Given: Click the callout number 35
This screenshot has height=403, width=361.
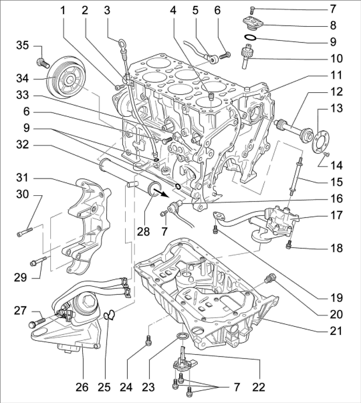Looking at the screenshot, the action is click(x=23, y=45).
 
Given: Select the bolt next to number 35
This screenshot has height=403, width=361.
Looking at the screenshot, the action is click(x=43, y=62).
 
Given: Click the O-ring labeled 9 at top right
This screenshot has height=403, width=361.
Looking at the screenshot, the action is click(x=250, y=38).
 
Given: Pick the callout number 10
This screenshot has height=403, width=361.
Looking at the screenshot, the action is click(x=336, y=59).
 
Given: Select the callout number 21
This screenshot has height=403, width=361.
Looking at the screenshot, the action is click(x=336, y=331).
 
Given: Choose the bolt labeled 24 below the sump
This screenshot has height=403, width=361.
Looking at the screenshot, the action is click(x=148, y=341).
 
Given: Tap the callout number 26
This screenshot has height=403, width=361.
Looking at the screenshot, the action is click(x=82, y=387).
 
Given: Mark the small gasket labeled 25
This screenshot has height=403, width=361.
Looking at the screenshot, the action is click(x=110, y=315).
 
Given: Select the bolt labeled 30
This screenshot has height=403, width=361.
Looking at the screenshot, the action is click(x=25, y=231).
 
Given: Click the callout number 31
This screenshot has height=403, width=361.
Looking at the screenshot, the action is click(x=22, y=178).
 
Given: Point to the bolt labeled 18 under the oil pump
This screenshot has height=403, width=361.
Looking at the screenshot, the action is click(x=289, y=244).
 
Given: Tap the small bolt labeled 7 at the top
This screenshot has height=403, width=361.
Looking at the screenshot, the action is click(x=251, y=11).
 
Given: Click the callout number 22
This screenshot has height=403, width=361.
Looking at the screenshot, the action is click(x=259, y=387).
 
